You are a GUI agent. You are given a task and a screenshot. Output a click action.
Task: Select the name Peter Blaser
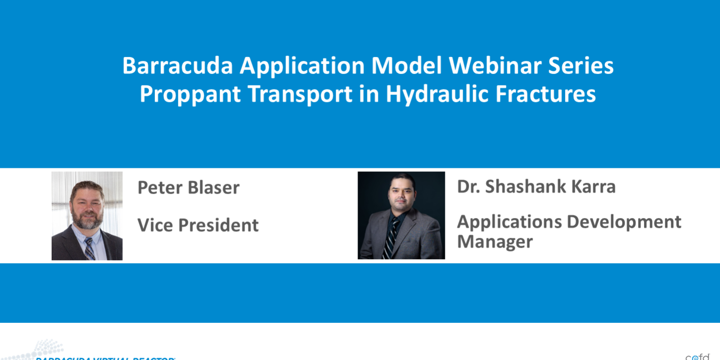[x=188, y=188]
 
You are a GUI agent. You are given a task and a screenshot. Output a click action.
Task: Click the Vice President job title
[x=198, y=225]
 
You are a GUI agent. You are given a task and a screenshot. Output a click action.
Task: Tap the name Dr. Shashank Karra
[x=536, y=187]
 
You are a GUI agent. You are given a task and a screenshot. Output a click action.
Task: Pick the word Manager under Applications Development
[x=495, y=242]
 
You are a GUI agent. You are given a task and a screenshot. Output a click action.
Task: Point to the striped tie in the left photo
[x=89, y=248]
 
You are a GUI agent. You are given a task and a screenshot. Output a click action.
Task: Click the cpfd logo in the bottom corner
[x=697, y=356]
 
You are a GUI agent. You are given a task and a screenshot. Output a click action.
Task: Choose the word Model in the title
[x=406, y=66]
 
